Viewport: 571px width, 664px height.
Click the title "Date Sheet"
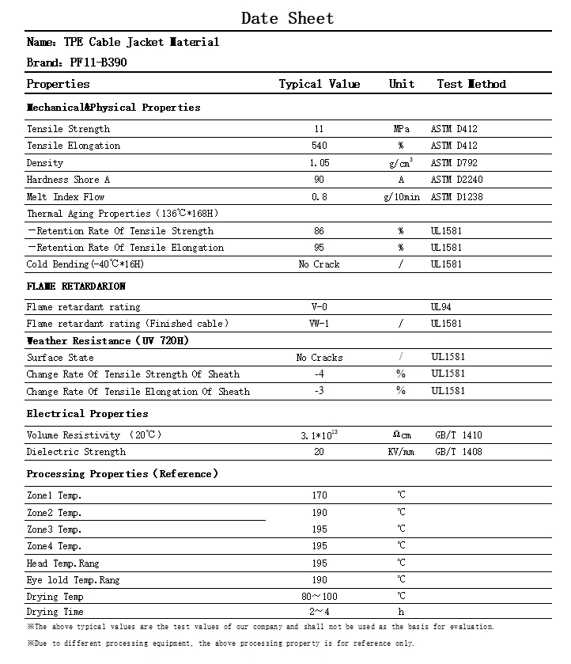pos(287,18)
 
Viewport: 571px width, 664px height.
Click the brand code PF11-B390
pos(98,62)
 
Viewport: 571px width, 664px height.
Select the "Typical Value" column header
pos(319,84)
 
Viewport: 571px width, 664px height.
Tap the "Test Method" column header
pos(471,84)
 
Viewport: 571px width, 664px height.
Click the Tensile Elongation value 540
pos(319,146)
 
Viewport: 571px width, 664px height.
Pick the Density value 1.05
pos(319,163)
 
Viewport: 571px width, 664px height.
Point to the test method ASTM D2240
pos(456,180)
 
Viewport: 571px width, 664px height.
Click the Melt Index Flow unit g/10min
pos(401,197)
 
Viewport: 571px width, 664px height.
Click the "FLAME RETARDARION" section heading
pos(76,286)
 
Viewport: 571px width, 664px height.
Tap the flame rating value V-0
pos(319,307)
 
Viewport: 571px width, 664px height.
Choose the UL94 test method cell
pos(441,306)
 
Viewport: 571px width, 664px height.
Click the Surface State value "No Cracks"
pos(320,358)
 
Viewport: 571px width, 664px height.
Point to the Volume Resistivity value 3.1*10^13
pos(320,434)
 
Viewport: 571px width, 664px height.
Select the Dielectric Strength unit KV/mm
pos(401,452)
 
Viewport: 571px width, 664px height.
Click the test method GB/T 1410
pos(458,435)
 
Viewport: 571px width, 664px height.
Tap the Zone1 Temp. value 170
pos(319,495)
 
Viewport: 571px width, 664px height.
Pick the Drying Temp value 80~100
pos(319,596)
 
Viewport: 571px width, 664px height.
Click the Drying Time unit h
pos(401,612)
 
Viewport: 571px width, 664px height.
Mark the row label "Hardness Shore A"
pos(68,180)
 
